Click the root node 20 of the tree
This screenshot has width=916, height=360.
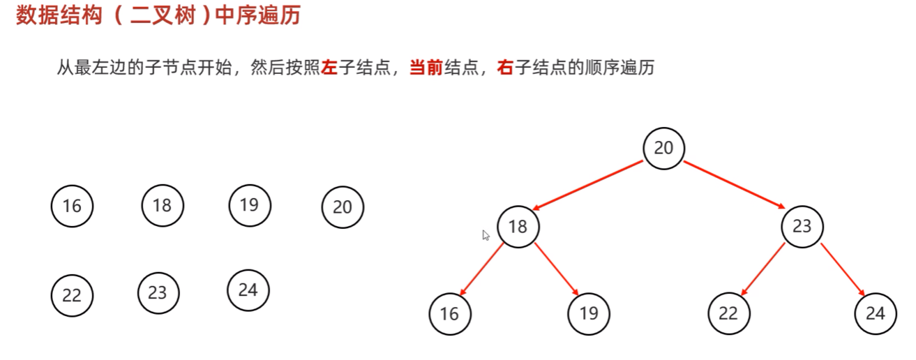pos(663,148)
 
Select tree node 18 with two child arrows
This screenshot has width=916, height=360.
pos(518,226)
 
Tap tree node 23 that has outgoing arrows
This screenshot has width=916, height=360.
pos(802,226)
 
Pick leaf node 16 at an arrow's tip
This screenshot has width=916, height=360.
pos(450,314)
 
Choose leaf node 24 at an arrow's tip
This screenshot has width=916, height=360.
pos(876,314)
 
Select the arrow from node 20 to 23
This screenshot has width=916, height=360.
pos(734,185)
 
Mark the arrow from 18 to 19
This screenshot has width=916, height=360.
pos(557,269)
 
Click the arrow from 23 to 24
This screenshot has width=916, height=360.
pos(842,269)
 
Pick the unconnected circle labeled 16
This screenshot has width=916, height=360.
pos(72,206)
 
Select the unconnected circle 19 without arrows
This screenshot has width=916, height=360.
pos(249,204)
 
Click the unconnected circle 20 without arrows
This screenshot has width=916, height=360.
pos(343,207)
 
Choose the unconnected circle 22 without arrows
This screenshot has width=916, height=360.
pos(72,295)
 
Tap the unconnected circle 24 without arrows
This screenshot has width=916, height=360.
pos(248,290)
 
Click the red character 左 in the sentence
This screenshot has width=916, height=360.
pos(329,68)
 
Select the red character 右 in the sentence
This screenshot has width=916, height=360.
pos(505,68)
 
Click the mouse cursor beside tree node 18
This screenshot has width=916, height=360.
pos(486,235)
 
